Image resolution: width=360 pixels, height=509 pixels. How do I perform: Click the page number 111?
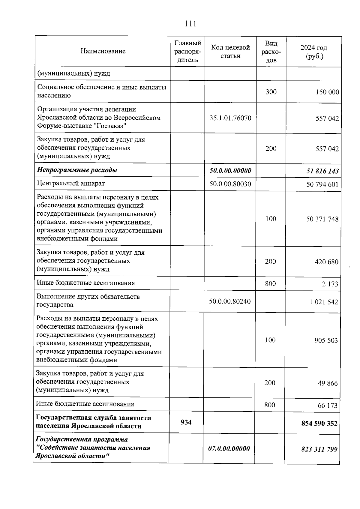pyautogui.click(x=190, y=24)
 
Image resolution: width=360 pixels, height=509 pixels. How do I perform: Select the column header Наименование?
pyautogui.click(x=103, y=51)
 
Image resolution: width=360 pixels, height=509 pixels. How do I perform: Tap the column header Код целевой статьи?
pyautogui.click(x=230, y=52)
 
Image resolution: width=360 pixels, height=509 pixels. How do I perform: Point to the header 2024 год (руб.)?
pyautogui.click(x=313, y=52)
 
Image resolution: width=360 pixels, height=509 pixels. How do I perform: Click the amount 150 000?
pyautogui.click(x=327, y=92)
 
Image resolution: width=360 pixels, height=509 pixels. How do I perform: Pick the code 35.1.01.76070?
pyautogui.click(x=230, y=118)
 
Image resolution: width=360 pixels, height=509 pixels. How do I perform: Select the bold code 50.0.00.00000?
pyautogui.click(x=230, y=171)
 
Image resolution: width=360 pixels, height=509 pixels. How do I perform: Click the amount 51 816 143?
pyautogui.click(x=322, y=171)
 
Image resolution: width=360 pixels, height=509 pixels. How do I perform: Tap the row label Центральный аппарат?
pyautogui.click(x=71, y=183)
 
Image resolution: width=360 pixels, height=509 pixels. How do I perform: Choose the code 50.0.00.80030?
pyautogui.click(x=230, y=184)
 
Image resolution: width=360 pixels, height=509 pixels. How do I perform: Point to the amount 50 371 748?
pyautogui.click(x=322, y=219)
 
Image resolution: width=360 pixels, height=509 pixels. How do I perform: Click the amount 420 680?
pyautogui.click(x=326, y=262)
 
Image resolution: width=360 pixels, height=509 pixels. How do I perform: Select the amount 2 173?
pyautogui.click(x=330, y=284)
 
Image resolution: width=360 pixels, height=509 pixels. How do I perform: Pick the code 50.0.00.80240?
pyautogui.click(x=230, y=301)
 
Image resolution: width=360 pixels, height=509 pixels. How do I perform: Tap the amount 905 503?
pyautogui.click(x=326, y=341)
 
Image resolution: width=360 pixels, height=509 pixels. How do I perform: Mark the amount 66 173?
pyautogui.click(x=328, y=406)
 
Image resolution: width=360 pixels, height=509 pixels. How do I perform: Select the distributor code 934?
pyautogui.click(x=186, y=422)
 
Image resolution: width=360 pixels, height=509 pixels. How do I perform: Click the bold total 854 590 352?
pyautogui.click(x=319, y=424)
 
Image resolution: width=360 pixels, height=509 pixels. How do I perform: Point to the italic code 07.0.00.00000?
pyautogui.click(x=229, y=449)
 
